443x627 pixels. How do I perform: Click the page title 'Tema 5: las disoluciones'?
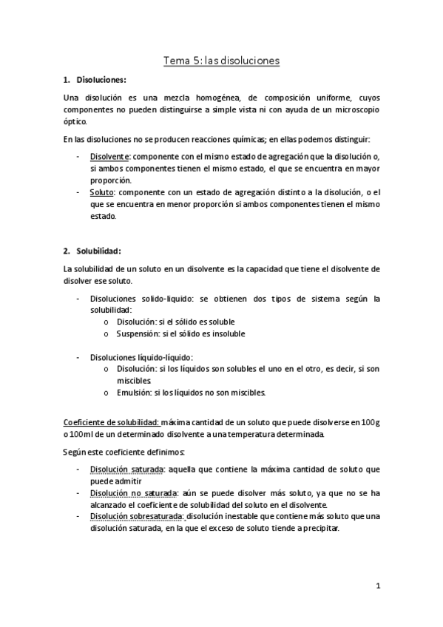tap(221, 61)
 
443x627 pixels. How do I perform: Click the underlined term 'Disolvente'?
tap(109, 157)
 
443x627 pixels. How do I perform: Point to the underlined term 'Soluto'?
tap(103, 192)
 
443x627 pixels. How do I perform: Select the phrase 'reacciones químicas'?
tap(231, 140)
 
